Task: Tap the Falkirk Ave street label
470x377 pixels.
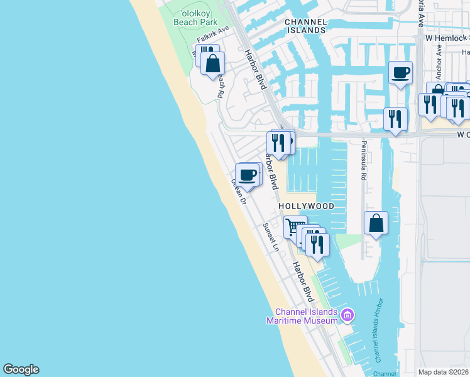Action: point(213,35)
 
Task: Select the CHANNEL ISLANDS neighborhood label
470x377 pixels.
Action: point(305,26)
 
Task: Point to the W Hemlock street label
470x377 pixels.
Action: point(447,39)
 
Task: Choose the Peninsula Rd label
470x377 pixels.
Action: point(363,160)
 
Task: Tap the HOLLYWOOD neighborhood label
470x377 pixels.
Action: point(306,206)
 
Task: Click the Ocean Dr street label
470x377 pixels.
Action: point(238,192)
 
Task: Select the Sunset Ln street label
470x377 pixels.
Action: point(271,238)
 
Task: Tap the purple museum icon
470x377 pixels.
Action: point(347,314)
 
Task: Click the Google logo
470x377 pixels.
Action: point(21,369)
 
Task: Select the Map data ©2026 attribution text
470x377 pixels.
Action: point(443,372)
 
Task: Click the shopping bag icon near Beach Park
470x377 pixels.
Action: point(213,63)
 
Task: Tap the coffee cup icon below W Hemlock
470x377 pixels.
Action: point(400,74)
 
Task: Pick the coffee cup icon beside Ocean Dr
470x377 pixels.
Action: point(247,175)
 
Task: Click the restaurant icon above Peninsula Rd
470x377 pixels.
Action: point(395,119)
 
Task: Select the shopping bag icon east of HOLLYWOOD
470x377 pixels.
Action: point(376,222)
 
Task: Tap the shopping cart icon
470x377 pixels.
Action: point(293,226)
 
